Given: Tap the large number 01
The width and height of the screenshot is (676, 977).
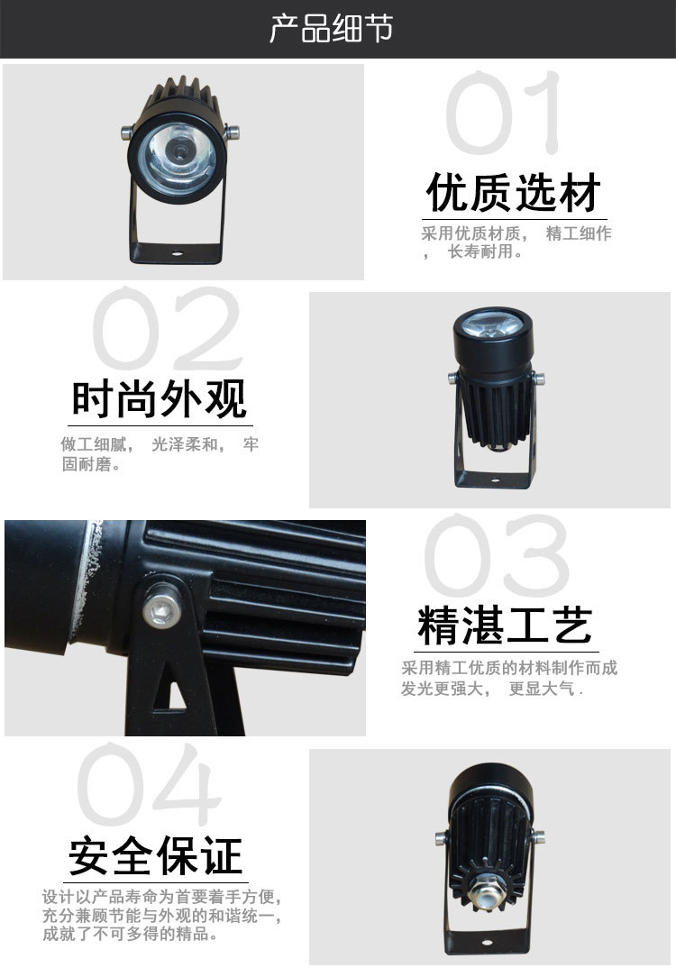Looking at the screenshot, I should point(505,114).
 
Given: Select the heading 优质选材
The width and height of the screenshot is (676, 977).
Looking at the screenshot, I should point(514,193).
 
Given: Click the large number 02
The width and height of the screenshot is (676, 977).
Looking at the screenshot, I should point(168,330).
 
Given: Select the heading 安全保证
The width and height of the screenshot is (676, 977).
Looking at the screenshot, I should point(156,856).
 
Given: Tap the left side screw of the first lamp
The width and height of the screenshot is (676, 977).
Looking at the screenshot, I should point(125,134).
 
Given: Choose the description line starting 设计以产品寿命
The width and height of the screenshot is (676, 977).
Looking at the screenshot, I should point(163,898).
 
